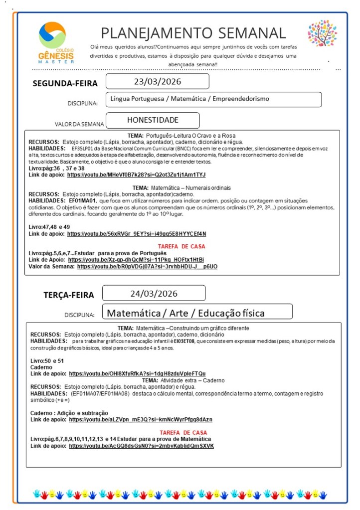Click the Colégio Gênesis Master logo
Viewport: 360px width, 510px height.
pyautogui.click(x=56, y=42)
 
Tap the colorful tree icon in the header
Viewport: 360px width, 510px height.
pyautogui.click(x=322, y=33)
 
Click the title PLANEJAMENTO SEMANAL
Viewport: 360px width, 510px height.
pyautogui.click(x=193, y=33)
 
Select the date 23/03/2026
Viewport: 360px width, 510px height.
pyautogui.click(x=157, y=81)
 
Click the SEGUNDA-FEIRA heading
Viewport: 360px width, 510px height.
pyautogui.click(x=65, y=83)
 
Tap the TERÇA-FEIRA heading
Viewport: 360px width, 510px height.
pyautogui.click(x=69, y=295)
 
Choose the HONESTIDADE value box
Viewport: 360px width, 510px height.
pyautogui.click(x=153, y=120)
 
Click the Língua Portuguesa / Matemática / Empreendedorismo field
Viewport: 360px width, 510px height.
pyautogui.click(x=213, y=99)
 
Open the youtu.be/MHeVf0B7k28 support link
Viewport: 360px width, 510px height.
pyautogui.click(x=136, y=175)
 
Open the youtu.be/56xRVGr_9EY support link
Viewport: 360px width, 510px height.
pyautogui.click(x=136, y=233)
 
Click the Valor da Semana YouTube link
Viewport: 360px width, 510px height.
pyautogui.click(x=147, y=267)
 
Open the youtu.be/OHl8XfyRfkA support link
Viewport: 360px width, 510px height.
pyautogui.click(x=137, y=373)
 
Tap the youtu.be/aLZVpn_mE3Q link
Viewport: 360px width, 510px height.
pyautogui.click(x=141, y=419)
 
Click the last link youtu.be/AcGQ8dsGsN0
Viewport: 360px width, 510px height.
pyautogui.click(x=141, y=446)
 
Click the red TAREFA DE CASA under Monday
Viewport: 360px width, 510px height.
pyautogui.click(x=181, y=246)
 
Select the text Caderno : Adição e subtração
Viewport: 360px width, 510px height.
pyautogui.click(x=69, y=413)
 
